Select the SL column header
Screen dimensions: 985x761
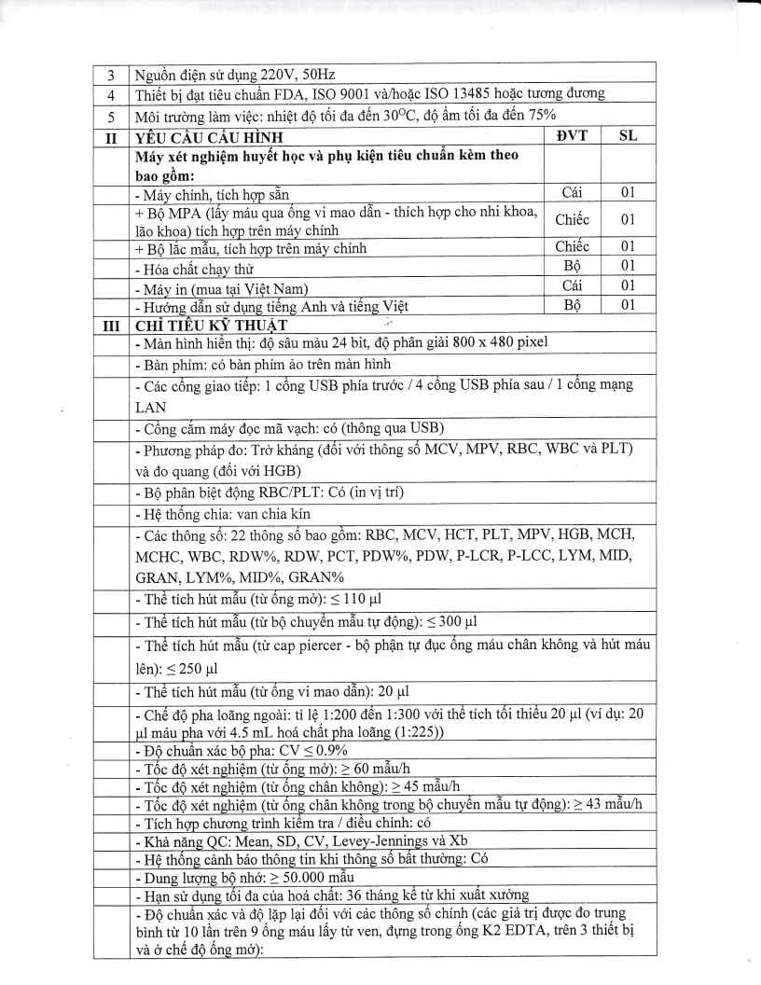[x=629, y=135]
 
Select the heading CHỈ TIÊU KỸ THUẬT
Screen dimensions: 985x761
[x=211, y=326]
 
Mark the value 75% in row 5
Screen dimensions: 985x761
[x=539, y=115]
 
